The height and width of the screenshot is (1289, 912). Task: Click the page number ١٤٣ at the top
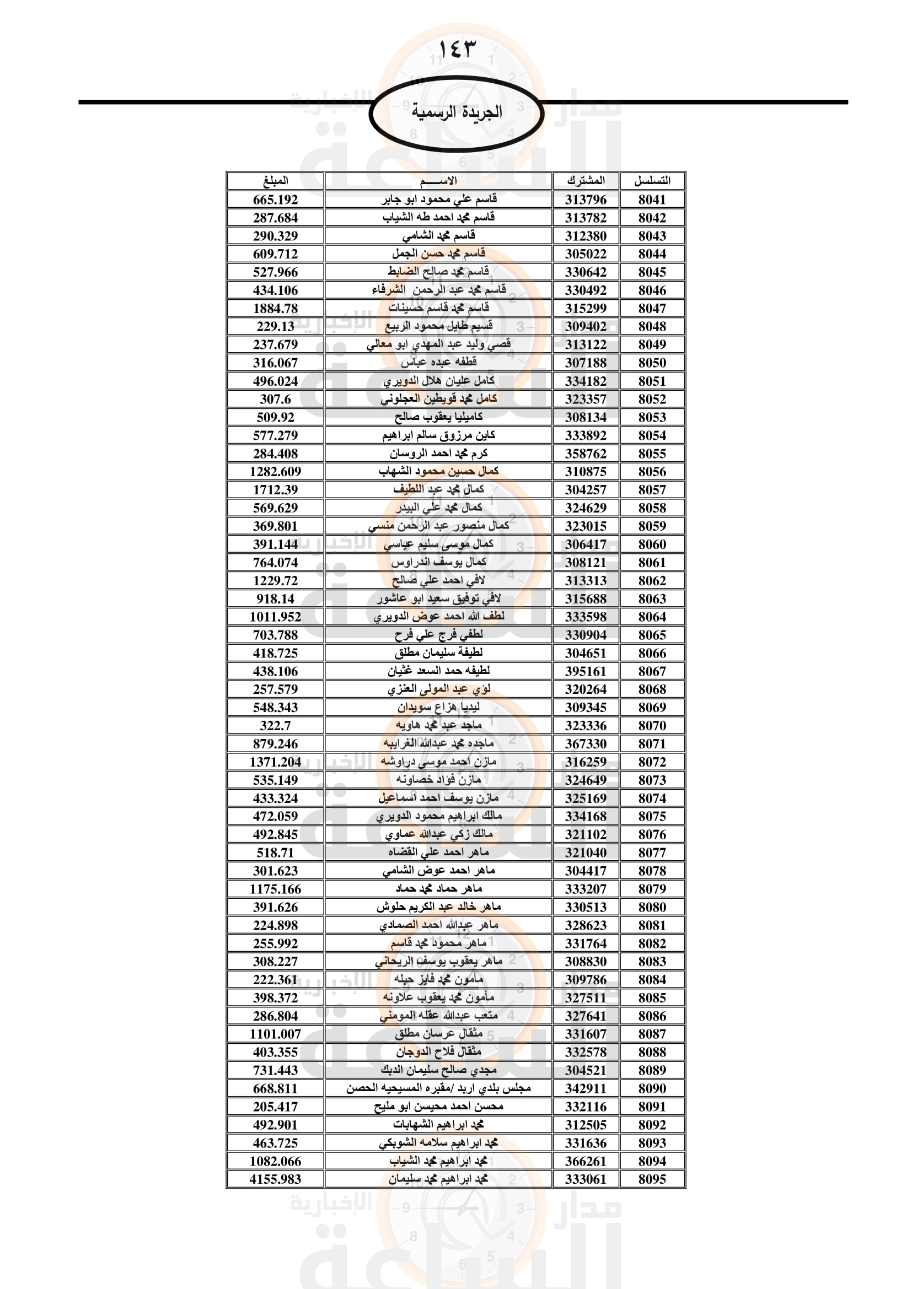point(456,50)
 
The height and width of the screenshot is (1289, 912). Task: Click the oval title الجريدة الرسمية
point(456,112)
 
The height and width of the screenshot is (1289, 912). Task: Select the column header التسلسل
point(652,181)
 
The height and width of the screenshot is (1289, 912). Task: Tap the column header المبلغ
point(275,181)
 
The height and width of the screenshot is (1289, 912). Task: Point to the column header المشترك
point(586,181)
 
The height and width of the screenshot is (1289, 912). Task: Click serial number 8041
point(652,199)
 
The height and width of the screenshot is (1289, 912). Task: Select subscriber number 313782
point(586,218)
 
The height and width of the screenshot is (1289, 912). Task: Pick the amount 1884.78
point(275,308)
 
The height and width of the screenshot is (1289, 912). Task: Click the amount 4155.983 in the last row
point(275,1179)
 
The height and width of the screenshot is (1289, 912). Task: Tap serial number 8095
point(652,1179)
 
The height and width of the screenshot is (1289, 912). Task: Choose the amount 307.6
point(275,399)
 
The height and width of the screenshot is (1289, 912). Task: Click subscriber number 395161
point(586,671)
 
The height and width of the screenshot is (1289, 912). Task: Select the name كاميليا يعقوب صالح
point(438,417)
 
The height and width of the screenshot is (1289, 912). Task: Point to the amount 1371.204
point(275,762)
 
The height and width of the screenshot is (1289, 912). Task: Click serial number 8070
point(652,726)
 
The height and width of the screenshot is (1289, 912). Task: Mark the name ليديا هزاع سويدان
point(438,708)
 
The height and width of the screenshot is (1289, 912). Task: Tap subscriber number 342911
point(586,1088)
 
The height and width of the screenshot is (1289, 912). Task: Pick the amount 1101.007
point(275,1034)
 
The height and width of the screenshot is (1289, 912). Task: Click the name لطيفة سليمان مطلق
point(438,653)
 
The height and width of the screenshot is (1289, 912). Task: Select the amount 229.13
point(275,326)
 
